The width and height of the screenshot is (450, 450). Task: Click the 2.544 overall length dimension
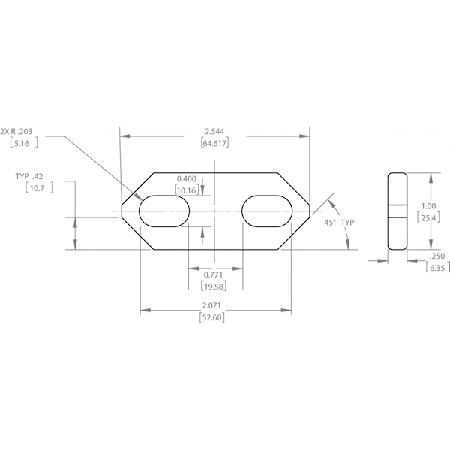pos(215,132)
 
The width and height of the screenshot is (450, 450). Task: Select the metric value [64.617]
pos(215,142)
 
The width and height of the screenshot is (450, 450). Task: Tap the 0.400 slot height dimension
pos(187,178)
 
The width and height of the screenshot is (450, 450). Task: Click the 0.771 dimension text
pos(214,276)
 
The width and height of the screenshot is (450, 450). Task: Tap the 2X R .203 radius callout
pos(22,130)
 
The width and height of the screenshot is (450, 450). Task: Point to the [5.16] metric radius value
pos(20,142)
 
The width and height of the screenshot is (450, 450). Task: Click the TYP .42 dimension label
pos(29,177)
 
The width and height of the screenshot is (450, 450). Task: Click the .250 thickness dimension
pos(436,255)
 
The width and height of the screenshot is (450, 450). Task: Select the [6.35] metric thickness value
pos(436,267)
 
